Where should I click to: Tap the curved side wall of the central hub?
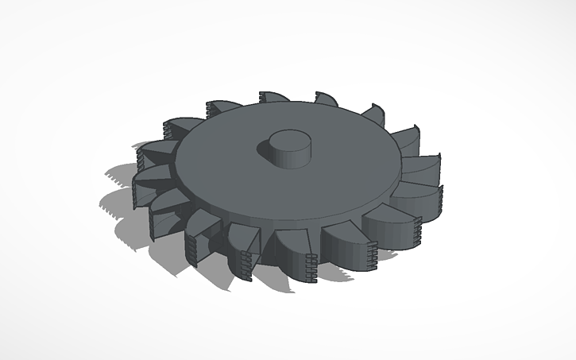coord(287,157)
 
